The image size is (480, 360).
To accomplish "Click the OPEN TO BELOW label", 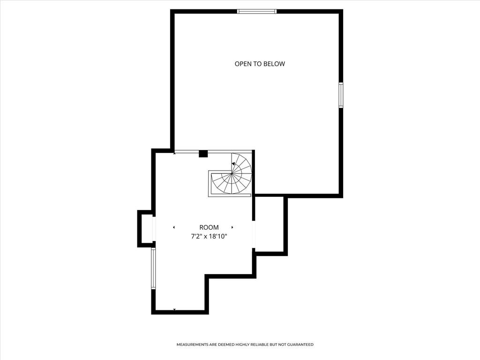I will tap(260, 64).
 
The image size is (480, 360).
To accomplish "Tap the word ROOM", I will tap(209, 227).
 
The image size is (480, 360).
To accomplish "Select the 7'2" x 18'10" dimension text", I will tap(209, 237).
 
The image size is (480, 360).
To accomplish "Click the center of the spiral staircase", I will tap(231, 173).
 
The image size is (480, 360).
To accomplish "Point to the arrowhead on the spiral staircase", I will tap(233, 164).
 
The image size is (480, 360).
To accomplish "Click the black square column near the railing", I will tap(203, 153).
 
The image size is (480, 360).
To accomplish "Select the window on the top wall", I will tap(257, 11).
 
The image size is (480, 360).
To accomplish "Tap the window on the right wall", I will tap(341, 95).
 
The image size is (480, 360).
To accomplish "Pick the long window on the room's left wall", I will tap(153, 268).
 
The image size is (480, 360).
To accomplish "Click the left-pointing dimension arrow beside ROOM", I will tap(174, 227).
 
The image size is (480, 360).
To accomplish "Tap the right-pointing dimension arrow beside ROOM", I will tap(232, 227).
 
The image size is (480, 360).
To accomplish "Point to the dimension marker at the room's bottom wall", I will tap(174, 310).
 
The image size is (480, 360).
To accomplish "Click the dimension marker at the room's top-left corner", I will tap(174, 153).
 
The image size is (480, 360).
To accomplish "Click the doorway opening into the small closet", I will tap(254, 234).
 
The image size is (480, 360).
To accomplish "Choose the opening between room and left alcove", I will tap(154, 229).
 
